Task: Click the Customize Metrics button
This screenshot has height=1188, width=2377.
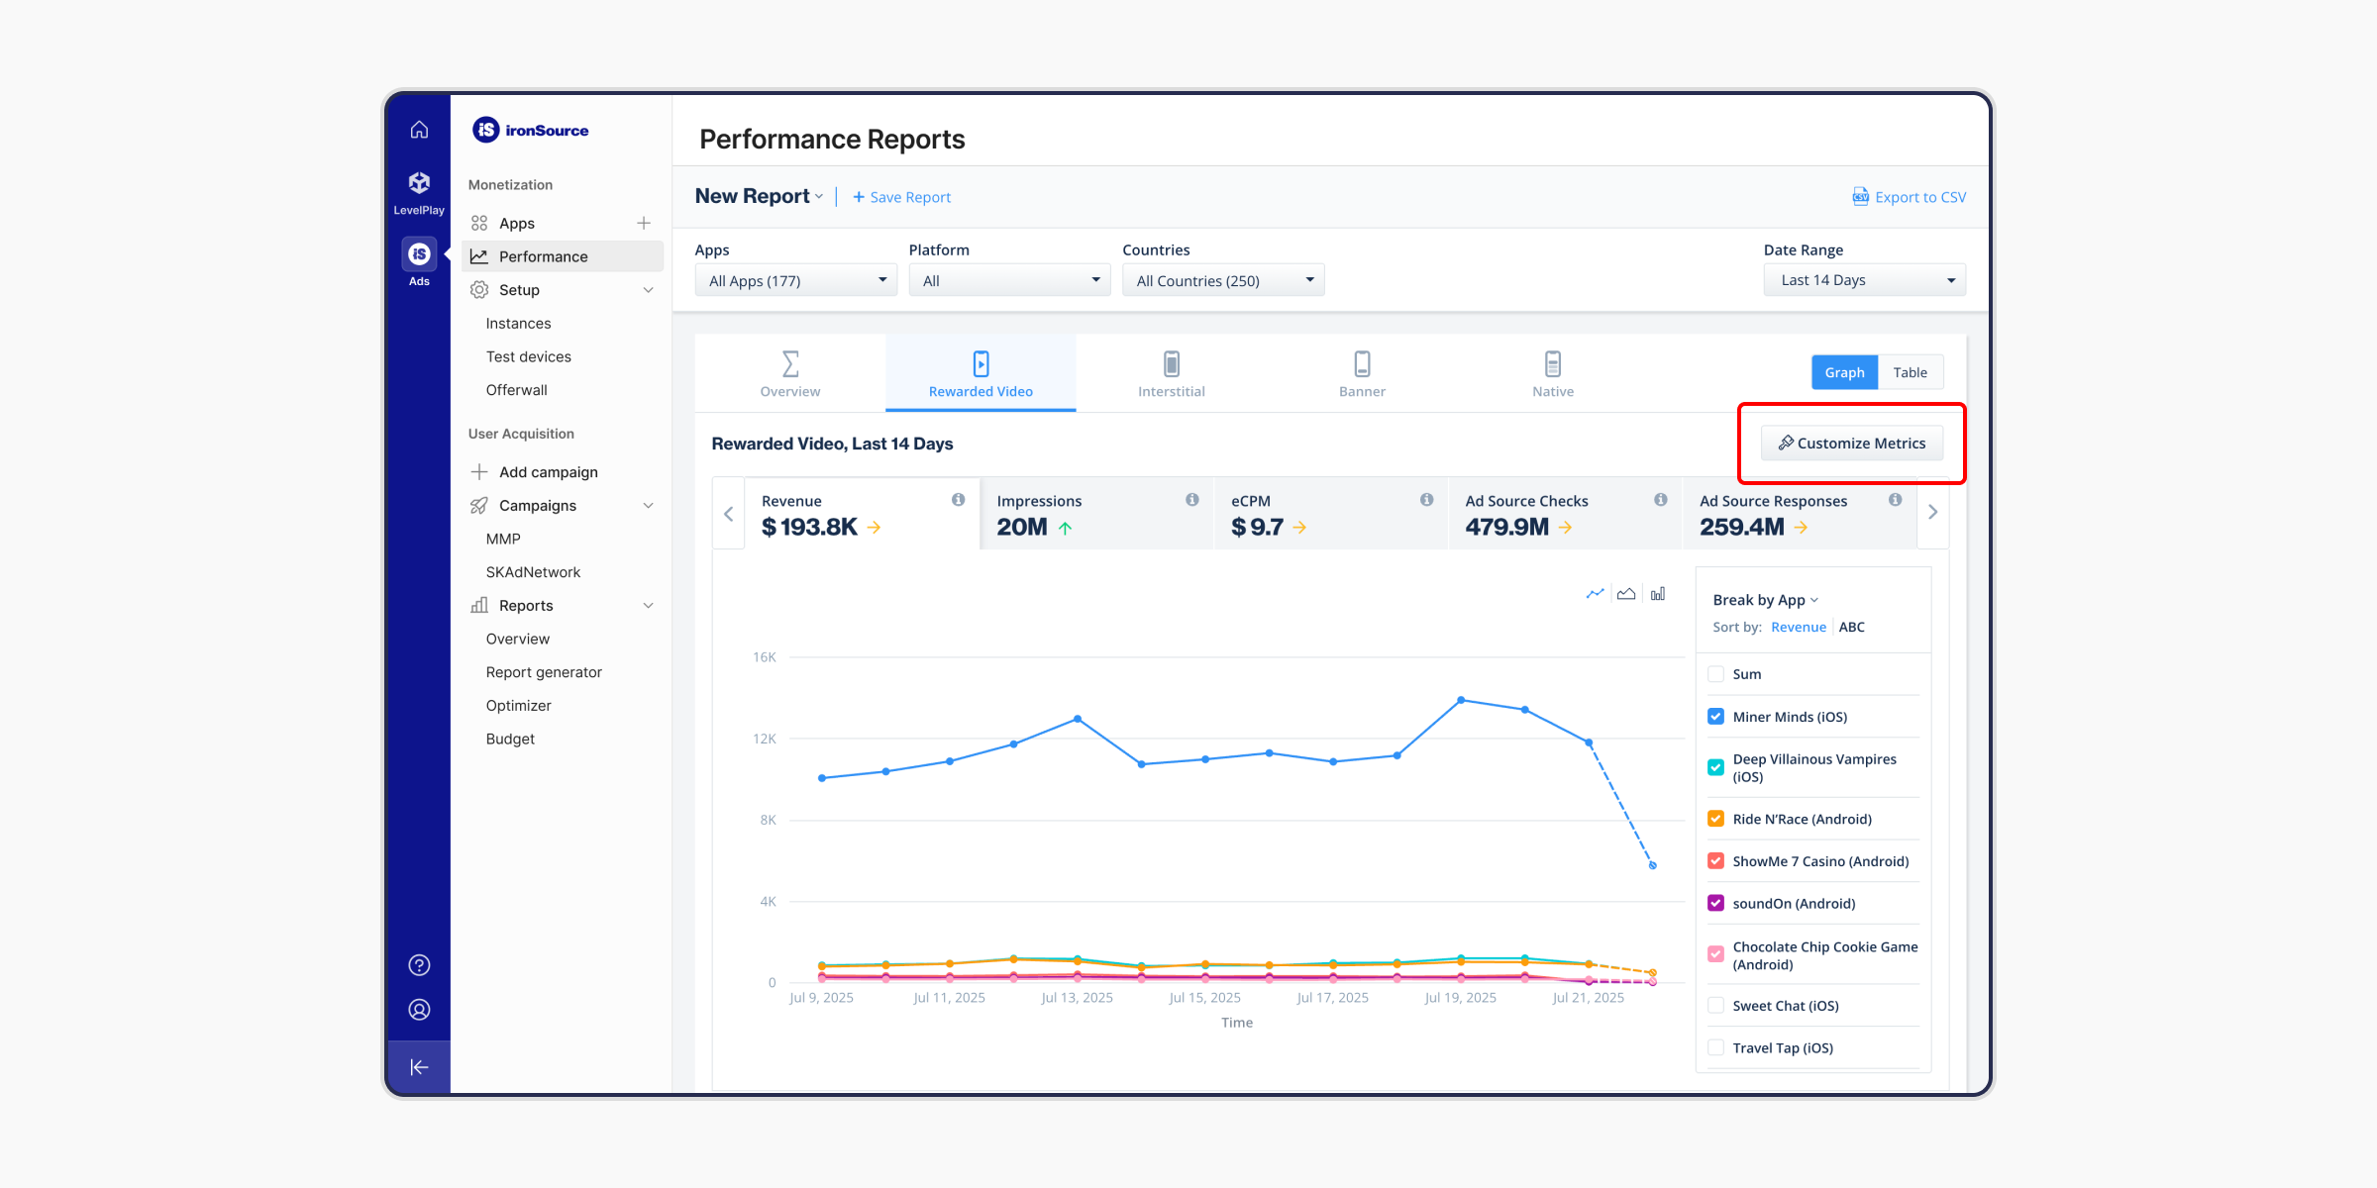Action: coord(1851,443)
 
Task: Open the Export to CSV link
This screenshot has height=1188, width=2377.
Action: coord(1909,197)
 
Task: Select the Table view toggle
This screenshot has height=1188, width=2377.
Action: coord(1910,372)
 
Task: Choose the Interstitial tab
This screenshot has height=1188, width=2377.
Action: coord(1171,373)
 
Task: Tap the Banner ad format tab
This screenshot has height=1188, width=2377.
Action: coord(1362,373)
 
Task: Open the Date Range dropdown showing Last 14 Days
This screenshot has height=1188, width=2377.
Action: coord(1864,280)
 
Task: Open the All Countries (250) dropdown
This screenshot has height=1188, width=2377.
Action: coord(1223,280)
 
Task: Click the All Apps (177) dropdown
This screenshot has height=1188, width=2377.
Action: coord(795,280)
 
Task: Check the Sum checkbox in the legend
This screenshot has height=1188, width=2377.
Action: coord(1716,674)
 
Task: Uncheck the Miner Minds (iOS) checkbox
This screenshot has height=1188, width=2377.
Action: coord(1716,717)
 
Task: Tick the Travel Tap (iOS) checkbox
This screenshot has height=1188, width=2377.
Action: coord(1716,1047)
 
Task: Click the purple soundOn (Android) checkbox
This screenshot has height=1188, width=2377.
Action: coord(1716,903)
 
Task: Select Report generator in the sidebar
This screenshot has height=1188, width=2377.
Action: coord(544,672)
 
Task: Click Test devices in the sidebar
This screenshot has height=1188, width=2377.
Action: coord(528,356)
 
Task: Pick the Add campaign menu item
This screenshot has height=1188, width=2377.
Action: coord(548,472)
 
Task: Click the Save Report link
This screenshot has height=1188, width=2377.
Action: coord(901,197)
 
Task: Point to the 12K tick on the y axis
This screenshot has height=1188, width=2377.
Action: coord(765,739)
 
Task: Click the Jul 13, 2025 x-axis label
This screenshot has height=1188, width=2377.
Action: coord(1077,998)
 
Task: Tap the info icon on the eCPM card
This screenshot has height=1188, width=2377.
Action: coord(1426,500)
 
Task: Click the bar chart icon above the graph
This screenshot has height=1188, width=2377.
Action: coord(1658,594)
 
